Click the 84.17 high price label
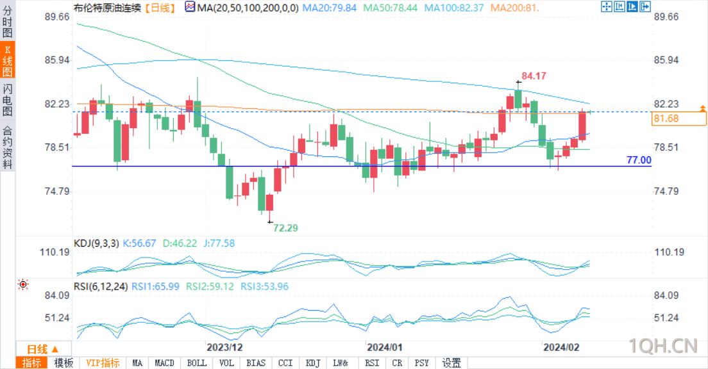pyautogui.click(x=534, y=76)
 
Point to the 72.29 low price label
pyautogui.click(x=286, y=227)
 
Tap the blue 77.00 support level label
pyautogui.click(x=638, y=160)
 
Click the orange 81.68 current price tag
pyautogui.click(x=666, y=119)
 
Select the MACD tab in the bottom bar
pyautogui.click(x=165, y=363)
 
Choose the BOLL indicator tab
pyautogui.click(x=197, y=363)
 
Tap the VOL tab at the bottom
pyautogui.click(x=226, y=363)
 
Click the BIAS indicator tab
pyautogui.click(x=256, y=363)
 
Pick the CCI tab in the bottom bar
pyautogui.click(x=285, y=363)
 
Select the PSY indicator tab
pyautogui.click(x=421, y=363)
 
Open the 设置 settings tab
pyautogui.click(x=451, y=363)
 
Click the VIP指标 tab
pyautogui.click(x=103, y=363)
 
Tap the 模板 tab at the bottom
pyautogui.click(x=63, y=363)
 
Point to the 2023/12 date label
pyautogui.click(x=224, y=347)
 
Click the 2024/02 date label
pyautogui.click(x=561, y=347)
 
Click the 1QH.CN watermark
pyautogui.click(x=662, y=346)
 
